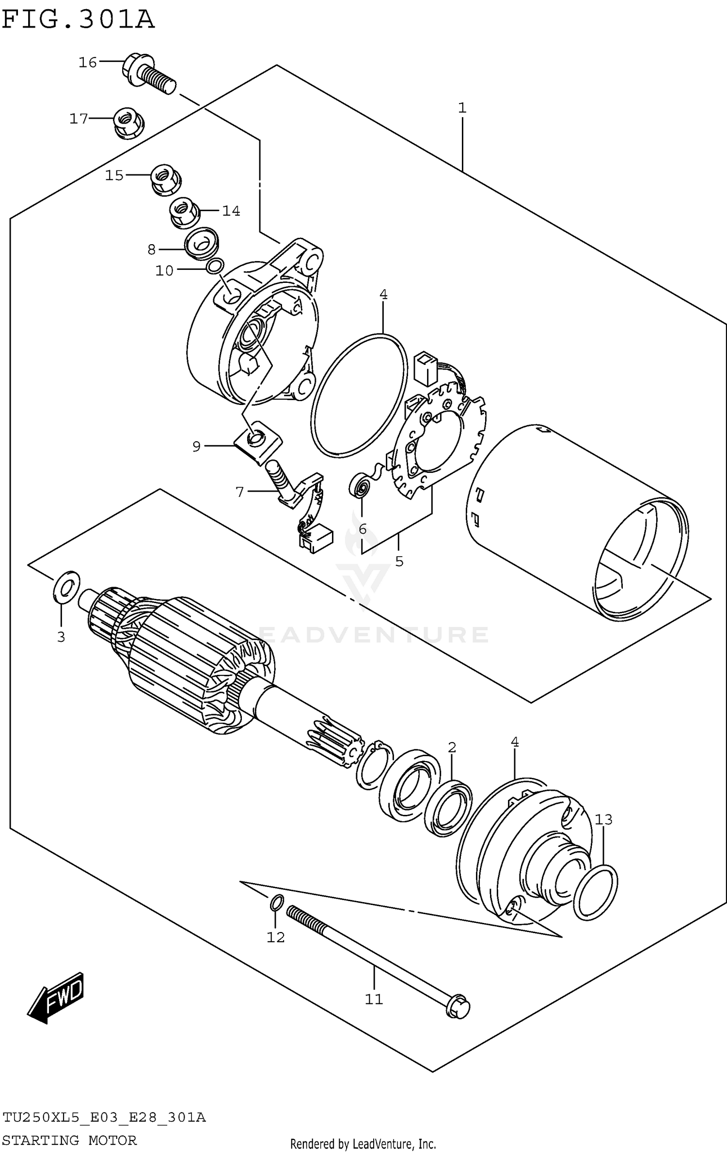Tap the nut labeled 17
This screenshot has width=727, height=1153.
click(128, 122)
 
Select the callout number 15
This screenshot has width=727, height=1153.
click(115, 175)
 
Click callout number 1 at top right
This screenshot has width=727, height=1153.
click(462, 108)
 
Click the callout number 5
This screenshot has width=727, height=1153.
click(399, 562)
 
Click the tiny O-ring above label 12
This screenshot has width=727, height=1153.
click(276, 903)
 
